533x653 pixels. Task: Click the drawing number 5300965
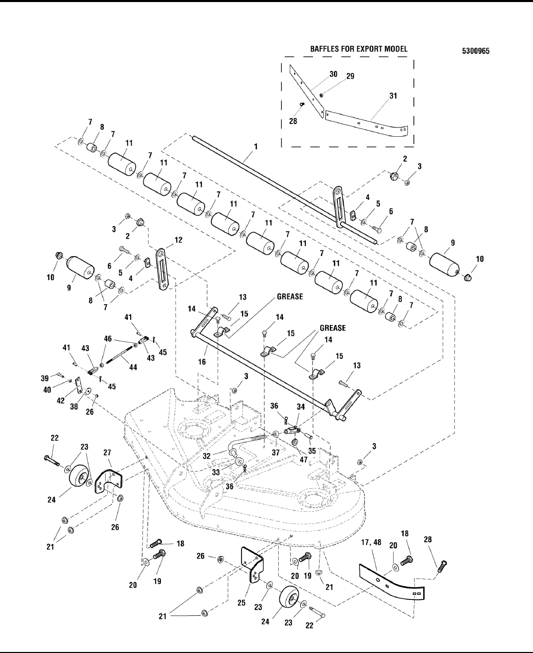[476, 51]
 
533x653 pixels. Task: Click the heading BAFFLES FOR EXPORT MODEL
[359, 49]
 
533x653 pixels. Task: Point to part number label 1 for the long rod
[256, 146]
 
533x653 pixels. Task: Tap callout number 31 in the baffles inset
[393, 96]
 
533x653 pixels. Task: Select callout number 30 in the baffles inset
[333, 74]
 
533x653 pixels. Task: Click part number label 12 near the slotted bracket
[179, 240]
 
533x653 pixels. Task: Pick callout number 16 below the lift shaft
[202, 362]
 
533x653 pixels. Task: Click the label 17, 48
[371, 542]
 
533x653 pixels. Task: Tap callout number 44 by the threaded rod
[133, 367]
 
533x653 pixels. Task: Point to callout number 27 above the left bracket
[107, 453]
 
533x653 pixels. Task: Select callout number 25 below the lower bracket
[241, 603]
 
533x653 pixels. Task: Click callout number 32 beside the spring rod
[207, 456]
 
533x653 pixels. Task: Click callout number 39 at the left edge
[45, 378]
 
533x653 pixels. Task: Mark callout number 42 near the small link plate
[61, 400]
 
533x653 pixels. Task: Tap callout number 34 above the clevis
[301, 407]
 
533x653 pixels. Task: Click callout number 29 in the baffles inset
[350, 76]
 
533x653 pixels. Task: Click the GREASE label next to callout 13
[290, 296]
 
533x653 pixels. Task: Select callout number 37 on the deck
[276, 453]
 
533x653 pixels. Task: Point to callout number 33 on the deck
[215, 472]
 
